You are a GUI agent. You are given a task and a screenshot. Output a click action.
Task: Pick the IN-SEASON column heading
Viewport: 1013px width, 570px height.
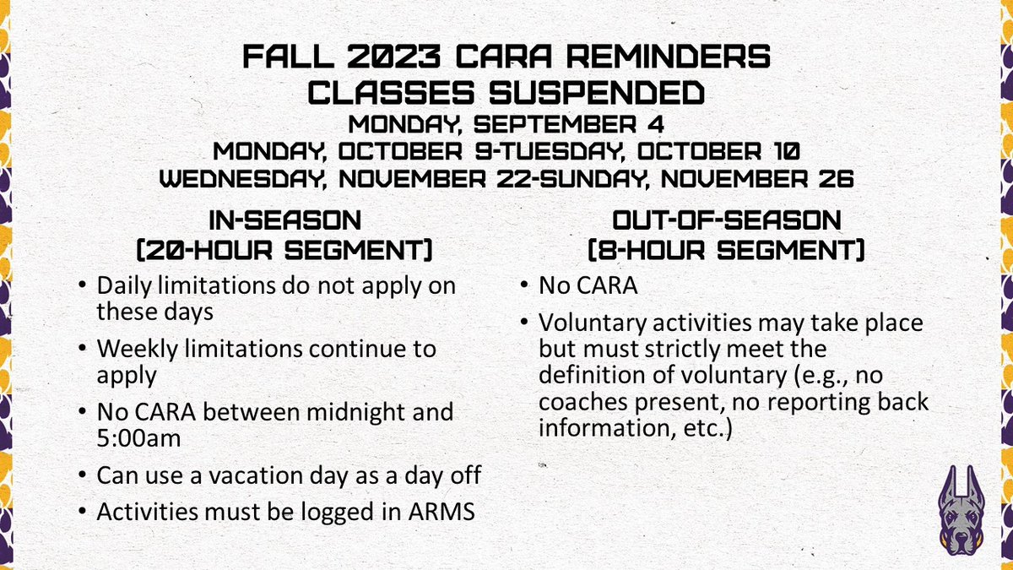(285, 221)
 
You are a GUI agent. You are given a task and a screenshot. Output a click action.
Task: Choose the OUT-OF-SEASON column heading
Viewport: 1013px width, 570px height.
(726, 221)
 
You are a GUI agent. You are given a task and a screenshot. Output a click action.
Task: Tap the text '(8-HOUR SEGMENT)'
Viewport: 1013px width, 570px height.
(726, 251)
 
